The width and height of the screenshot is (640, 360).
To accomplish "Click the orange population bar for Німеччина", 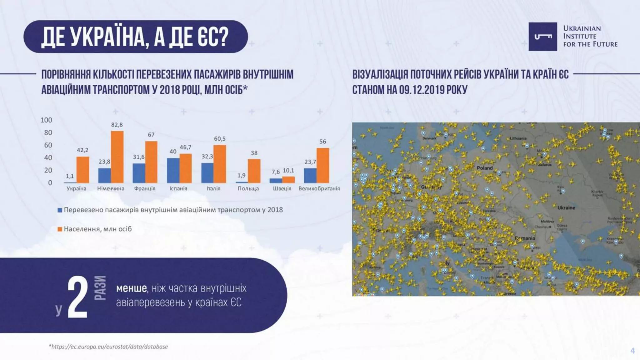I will pos(117,157).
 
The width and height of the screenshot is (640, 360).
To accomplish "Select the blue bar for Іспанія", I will pos(173,170).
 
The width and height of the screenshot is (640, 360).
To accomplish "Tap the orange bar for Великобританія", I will pos(323,165).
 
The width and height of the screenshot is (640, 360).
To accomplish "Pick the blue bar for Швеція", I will pos(276,181).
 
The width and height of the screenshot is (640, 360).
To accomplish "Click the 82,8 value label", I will pos(117,125).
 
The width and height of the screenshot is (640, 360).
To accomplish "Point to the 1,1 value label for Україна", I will pos(70,176).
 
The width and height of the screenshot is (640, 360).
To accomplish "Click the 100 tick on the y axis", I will pos(46,120).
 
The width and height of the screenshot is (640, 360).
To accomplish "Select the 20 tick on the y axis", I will pos(48,170).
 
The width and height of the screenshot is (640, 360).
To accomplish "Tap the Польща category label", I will pos(248,188).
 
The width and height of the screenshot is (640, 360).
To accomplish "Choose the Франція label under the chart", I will pos(145,188).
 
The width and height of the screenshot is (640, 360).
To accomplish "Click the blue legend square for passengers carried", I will pos(60,210).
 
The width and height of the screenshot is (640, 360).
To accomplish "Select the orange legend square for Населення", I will pos(60,229).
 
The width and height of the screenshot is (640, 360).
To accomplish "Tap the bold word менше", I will pos(131,288).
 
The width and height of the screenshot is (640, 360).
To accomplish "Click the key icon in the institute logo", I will pos(543,37).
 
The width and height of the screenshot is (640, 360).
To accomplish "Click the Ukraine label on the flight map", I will pos(566,207).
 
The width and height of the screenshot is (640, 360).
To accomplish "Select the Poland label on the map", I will pos(484,168).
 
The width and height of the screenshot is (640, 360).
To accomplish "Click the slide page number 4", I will pos(632,351).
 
